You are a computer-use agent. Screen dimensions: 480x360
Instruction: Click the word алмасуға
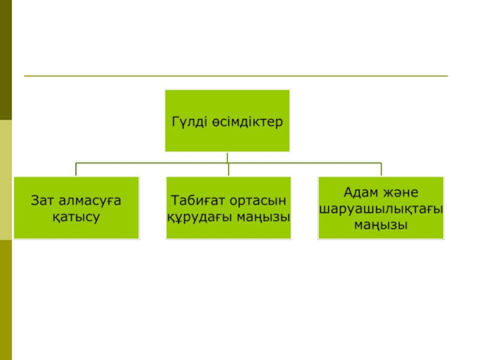91,200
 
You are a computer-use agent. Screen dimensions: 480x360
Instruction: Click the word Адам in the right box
362,193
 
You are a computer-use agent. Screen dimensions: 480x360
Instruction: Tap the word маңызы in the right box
381,226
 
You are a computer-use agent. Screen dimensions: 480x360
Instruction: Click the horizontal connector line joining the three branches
150,163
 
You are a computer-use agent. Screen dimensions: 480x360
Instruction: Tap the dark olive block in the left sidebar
6,60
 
